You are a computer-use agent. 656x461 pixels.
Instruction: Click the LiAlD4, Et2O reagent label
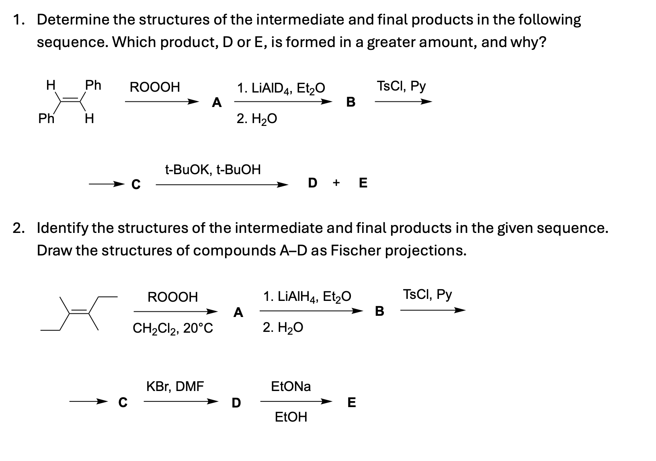point(281,88)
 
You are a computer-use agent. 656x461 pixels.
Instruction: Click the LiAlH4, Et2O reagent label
point(307,297)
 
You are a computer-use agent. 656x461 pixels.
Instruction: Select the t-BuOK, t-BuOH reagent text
point(213,169)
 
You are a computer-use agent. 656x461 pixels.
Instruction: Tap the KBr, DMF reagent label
point(175,387)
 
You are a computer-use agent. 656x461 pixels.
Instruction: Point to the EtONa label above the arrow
point(291,387)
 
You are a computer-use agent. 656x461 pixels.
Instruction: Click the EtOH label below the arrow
point(291,417)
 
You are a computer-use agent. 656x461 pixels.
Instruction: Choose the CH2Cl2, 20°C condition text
point(173,329)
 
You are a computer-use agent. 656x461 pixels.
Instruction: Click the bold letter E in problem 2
point(351,402)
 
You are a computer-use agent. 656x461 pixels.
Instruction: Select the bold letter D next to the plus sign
point(312,183)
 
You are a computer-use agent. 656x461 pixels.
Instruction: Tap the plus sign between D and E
point(336,183)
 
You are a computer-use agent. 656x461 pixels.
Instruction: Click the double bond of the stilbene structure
point(70,100)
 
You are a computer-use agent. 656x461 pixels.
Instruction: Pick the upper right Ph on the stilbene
point(93,85)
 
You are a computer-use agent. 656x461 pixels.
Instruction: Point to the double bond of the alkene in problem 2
point(79,312)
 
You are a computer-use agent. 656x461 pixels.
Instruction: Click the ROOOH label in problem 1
point(155,87)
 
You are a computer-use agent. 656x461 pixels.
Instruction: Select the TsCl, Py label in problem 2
point(428,294)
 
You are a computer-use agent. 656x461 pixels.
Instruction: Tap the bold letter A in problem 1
point(217,103)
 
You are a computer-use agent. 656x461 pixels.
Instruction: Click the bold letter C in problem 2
point(123,402)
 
